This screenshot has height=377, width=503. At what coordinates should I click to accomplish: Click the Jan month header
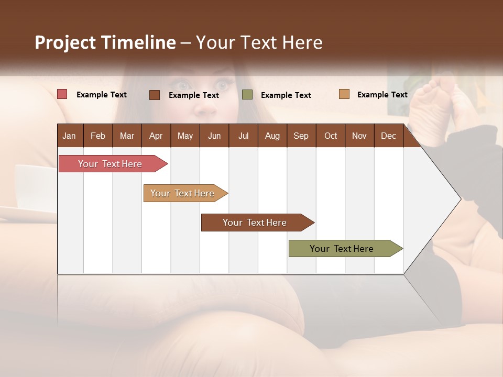[x=70, y=136]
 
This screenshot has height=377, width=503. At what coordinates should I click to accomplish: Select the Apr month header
[x=156, y=136]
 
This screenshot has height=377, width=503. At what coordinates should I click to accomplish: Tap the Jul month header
[x=243, y=136]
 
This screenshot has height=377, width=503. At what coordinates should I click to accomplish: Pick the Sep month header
[x=301, y=136]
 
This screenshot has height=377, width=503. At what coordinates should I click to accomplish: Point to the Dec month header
[x=388, y=136]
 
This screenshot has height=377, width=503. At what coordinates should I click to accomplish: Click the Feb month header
[x=98, y=136]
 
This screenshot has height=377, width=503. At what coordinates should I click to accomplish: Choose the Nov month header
[x=359, y=136]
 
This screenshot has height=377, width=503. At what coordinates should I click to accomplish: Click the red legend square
[x=62, y=94]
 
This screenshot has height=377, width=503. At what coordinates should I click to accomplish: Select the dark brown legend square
[x=155, y=95]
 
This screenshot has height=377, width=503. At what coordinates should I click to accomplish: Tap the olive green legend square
[x=247, y=95]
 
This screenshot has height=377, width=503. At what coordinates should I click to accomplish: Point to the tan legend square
[x=344, y=94]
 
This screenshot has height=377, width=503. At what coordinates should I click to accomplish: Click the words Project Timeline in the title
[x=105, y=42]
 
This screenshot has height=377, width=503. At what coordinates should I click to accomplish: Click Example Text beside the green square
[x=286, y=95]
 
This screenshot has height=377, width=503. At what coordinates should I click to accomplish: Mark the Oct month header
[x=331, y=136]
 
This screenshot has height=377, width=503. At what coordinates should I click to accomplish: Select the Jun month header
[x=214, y=136]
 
